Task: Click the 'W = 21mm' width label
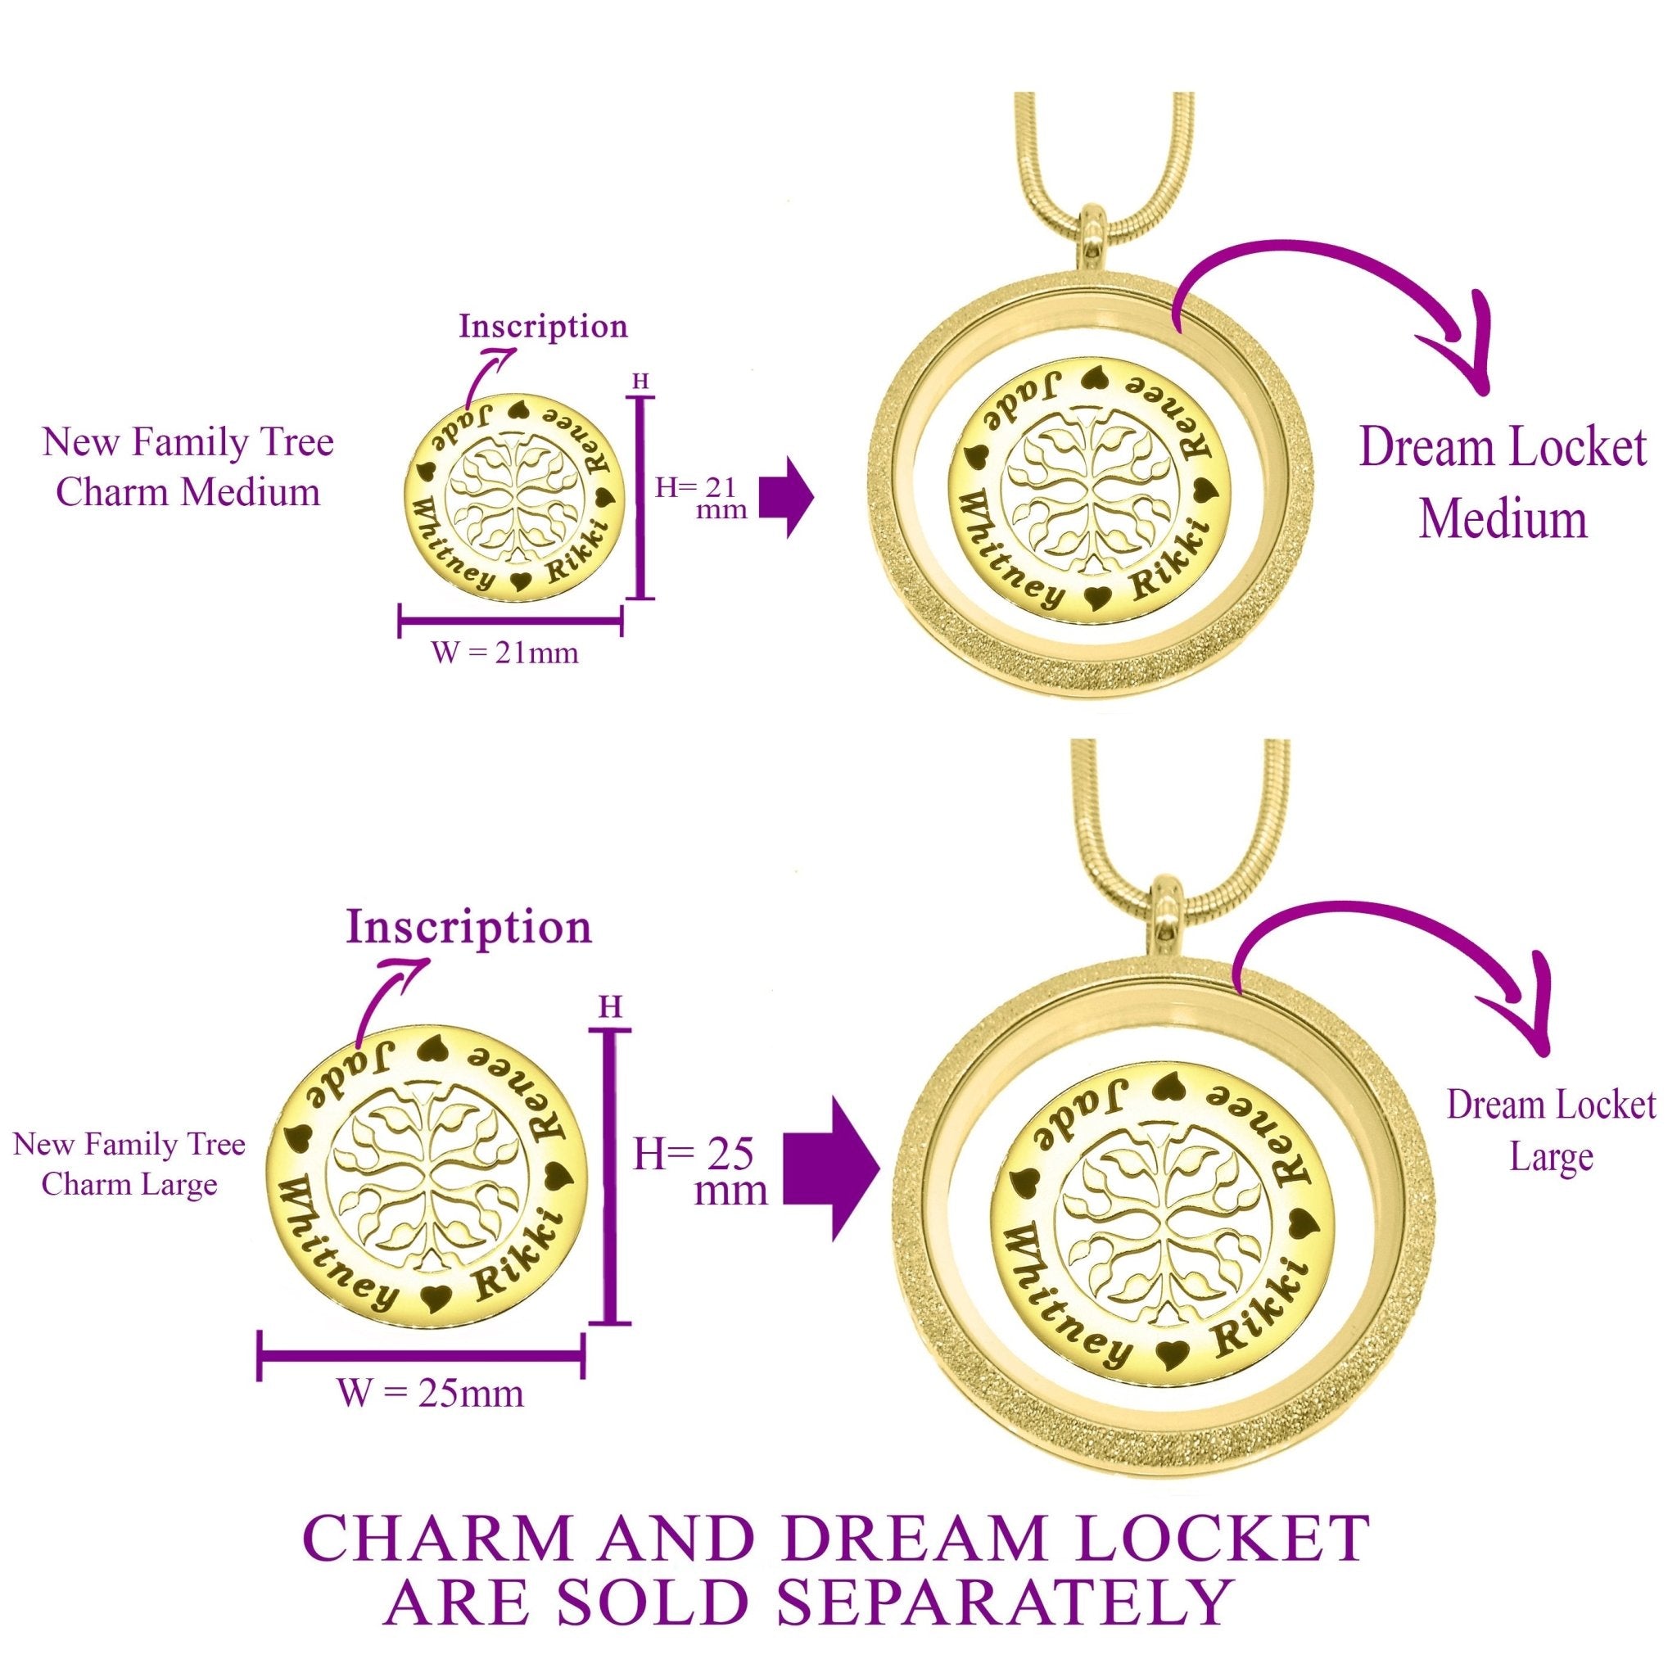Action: (505, 652)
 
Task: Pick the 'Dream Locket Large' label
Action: (1551, 1130)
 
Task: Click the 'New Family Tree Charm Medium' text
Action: (188, 467)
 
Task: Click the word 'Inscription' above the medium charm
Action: (544, 328)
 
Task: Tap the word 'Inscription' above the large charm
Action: (468, 927)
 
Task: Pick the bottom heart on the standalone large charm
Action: (433, 1300)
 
